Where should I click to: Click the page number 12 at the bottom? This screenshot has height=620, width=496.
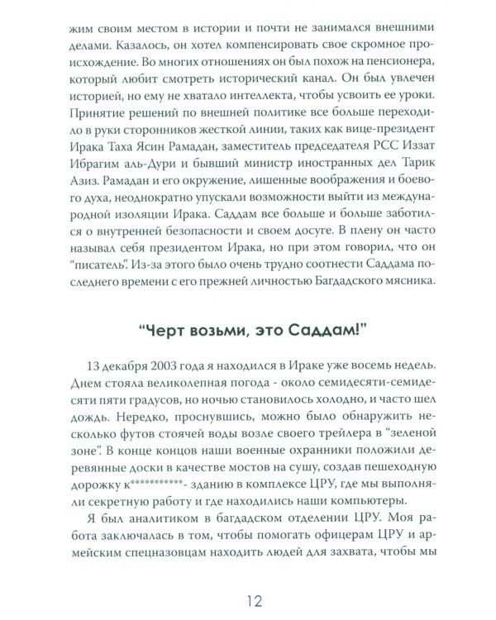pyautogui.click(x=248, y=597)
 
